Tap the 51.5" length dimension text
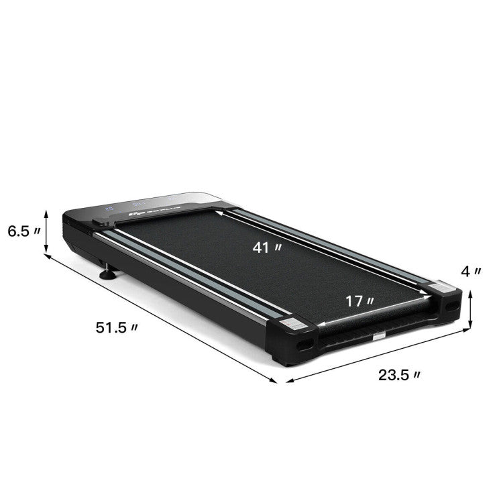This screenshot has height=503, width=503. click(x=117, y=327)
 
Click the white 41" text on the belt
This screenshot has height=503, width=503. click(x=267, y=247)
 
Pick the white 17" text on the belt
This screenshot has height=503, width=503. click(x=360, y=301)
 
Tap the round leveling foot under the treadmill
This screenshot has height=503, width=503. click(x=107, y=273)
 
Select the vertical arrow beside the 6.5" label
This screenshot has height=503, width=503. click(x=46, y=232)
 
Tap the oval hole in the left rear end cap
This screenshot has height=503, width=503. click(x=302, y=344)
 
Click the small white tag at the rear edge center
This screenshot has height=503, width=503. click(x=379, y=335)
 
